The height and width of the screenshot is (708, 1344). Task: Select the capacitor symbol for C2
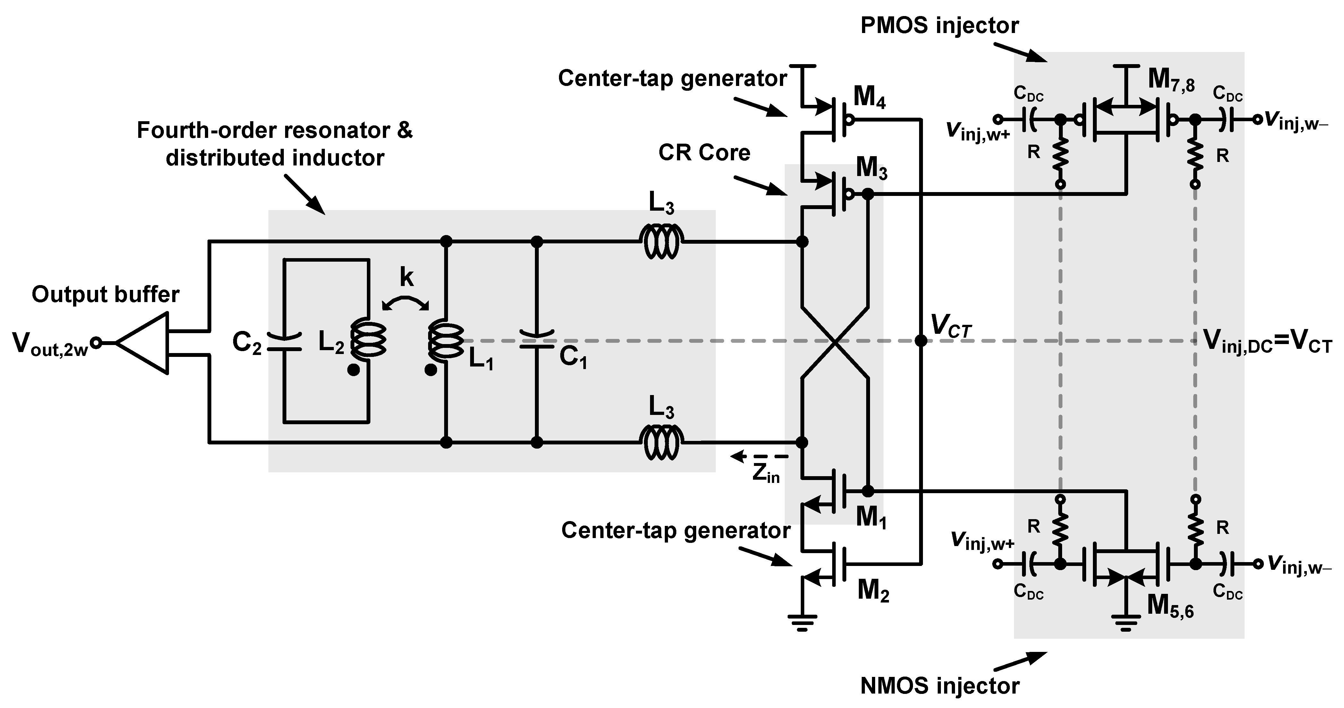pos(284,342)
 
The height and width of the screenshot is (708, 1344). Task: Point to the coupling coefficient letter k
pos(406,278)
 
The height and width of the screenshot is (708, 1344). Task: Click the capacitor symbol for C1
pos(536,339)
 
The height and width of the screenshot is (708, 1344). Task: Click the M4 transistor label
pos(869,97)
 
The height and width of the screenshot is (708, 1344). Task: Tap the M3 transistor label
pos(871,169)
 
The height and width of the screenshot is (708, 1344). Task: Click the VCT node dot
pos(921,341)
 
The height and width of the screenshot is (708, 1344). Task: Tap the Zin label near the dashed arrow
pos(765,473)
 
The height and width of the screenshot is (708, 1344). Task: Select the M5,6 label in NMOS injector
pos(1170,606)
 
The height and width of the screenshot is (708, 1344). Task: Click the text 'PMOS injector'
pos(939,25)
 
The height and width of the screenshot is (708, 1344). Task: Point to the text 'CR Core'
pos(704,152)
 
